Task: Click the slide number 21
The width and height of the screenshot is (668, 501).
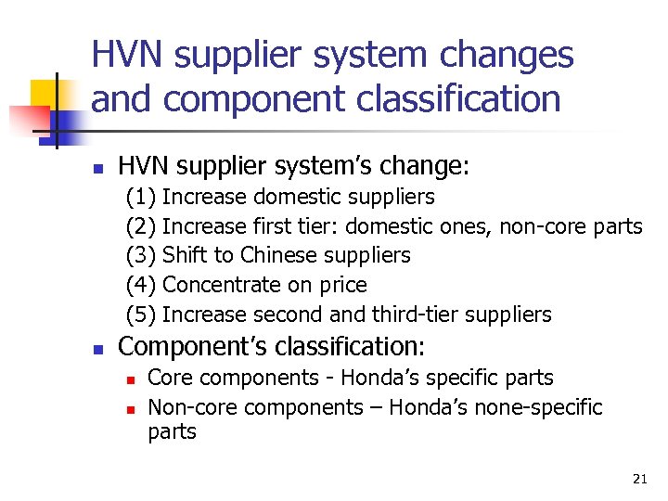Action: tap(639, 479)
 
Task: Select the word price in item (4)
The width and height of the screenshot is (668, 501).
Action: tap(342, 285)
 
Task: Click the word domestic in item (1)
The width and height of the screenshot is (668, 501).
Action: tap(293, 197)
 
